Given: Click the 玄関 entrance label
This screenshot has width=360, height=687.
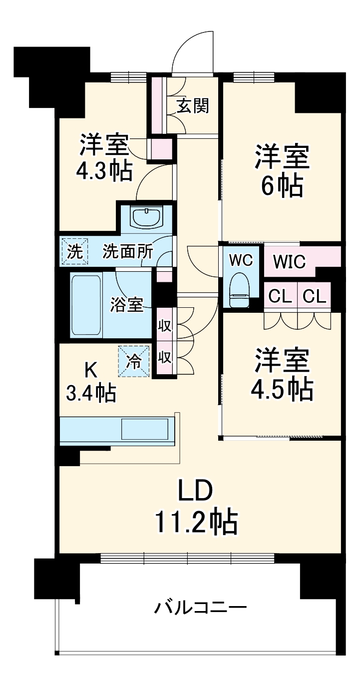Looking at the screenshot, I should coord(192,105).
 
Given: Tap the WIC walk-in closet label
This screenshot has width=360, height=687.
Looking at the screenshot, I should coord(290,261).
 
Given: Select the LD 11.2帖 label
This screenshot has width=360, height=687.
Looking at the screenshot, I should coord(195,507).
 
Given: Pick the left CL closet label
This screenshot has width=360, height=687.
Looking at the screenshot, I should coord(280,297).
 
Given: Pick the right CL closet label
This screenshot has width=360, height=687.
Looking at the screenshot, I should coord(315,297).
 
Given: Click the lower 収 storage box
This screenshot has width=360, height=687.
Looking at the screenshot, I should coord(164,357).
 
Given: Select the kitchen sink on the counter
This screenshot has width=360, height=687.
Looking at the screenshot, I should coord(144,429).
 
